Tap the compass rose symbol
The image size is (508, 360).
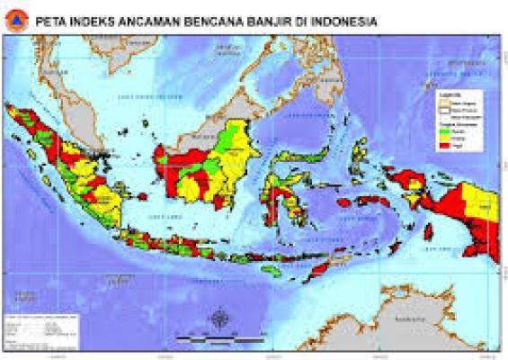219,320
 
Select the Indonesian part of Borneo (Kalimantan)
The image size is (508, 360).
207,166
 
